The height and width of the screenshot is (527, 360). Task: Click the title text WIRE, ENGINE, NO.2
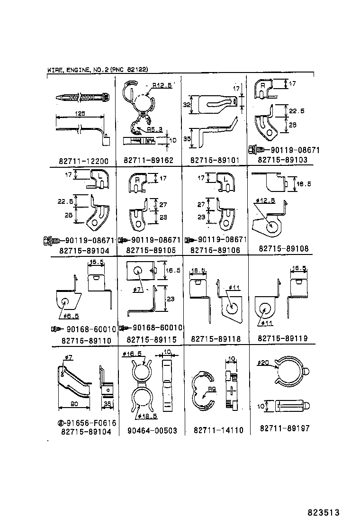click(x=78, y=70)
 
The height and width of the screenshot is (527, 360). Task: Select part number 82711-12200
click(x=84, y=161)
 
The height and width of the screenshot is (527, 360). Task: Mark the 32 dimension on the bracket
click(x=187, y=105)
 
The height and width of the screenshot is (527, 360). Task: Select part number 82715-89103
click(x=282, y=160)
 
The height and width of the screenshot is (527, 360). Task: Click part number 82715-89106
click(x=215, y=250)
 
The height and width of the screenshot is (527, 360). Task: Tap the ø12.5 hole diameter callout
click(x=265, y=200)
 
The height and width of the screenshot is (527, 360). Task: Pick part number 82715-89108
click(x=283, y=248)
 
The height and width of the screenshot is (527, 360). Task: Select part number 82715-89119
click(x=283, y=338)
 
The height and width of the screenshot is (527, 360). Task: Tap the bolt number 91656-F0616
click(x=89, y=422)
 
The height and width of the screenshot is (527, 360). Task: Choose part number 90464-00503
click(x=152, y=431)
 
